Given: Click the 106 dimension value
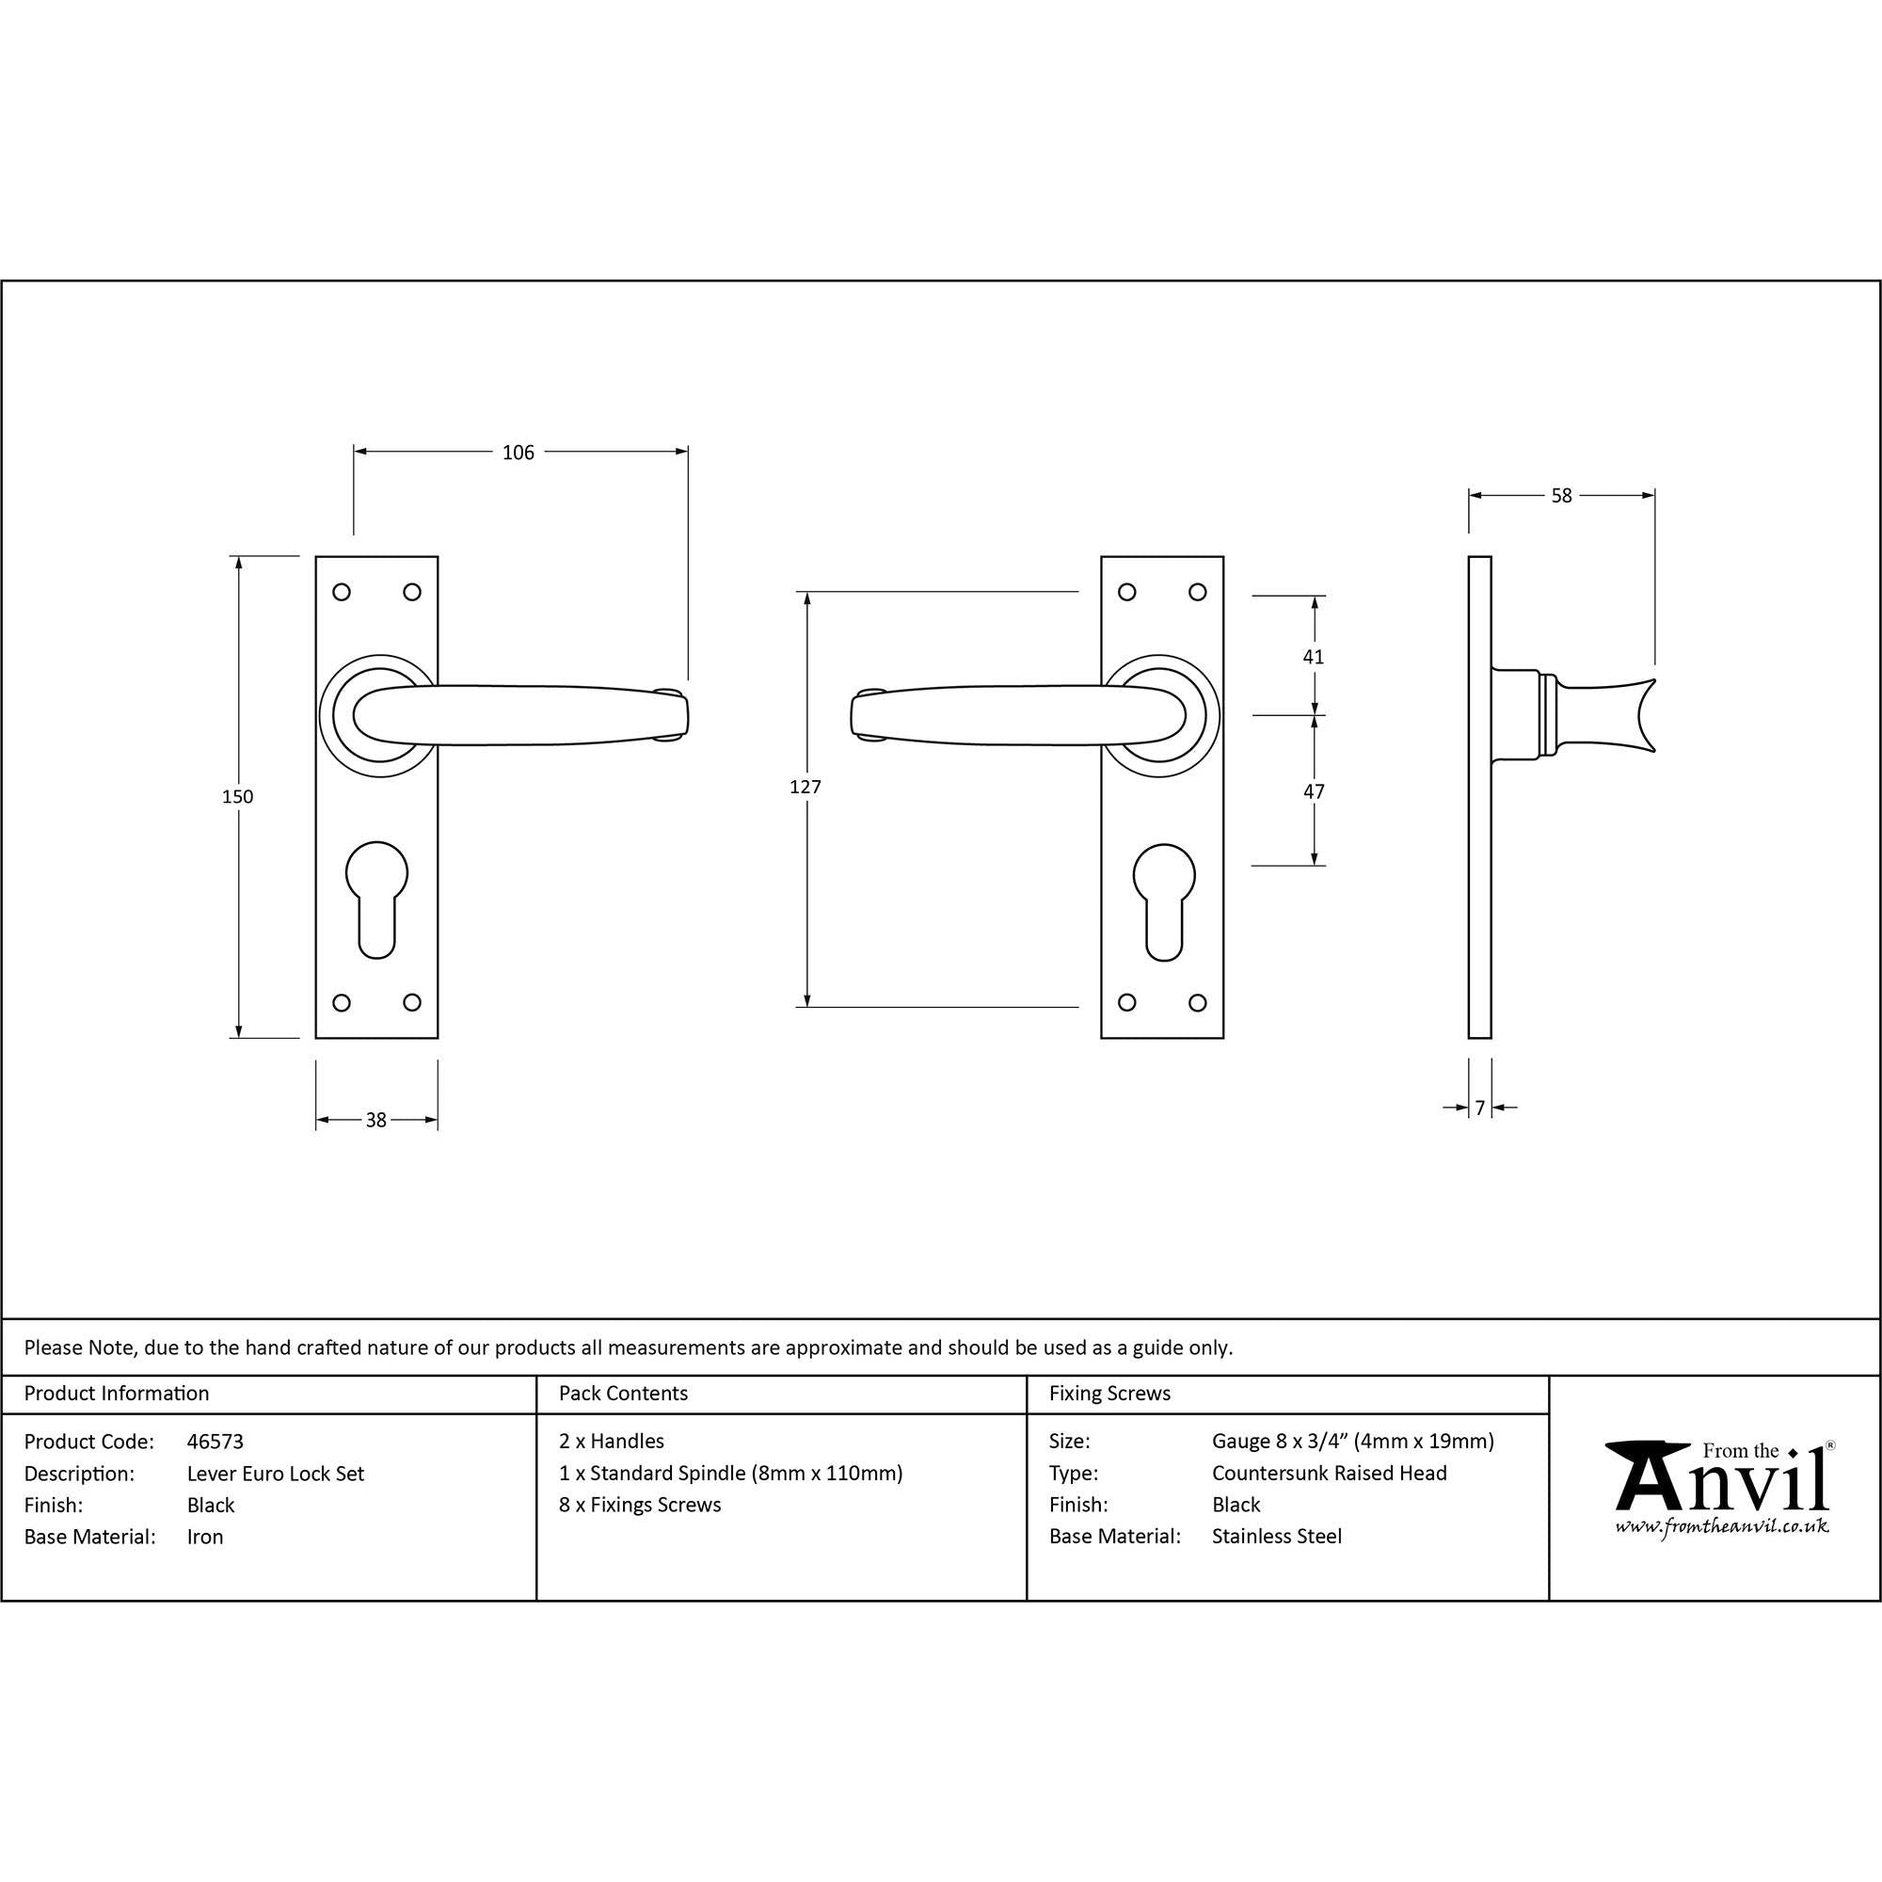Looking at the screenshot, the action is tap(518, 452).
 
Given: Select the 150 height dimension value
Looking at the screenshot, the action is tap(238, 797).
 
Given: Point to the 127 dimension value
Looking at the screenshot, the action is tap(805, 787).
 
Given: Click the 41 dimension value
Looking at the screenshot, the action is tap(1313, 658).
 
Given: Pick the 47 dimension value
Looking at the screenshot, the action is tap(1314, 792).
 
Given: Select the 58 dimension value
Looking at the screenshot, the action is tap(1561, 496).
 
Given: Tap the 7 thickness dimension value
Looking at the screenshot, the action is tap(1480, 1108).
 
